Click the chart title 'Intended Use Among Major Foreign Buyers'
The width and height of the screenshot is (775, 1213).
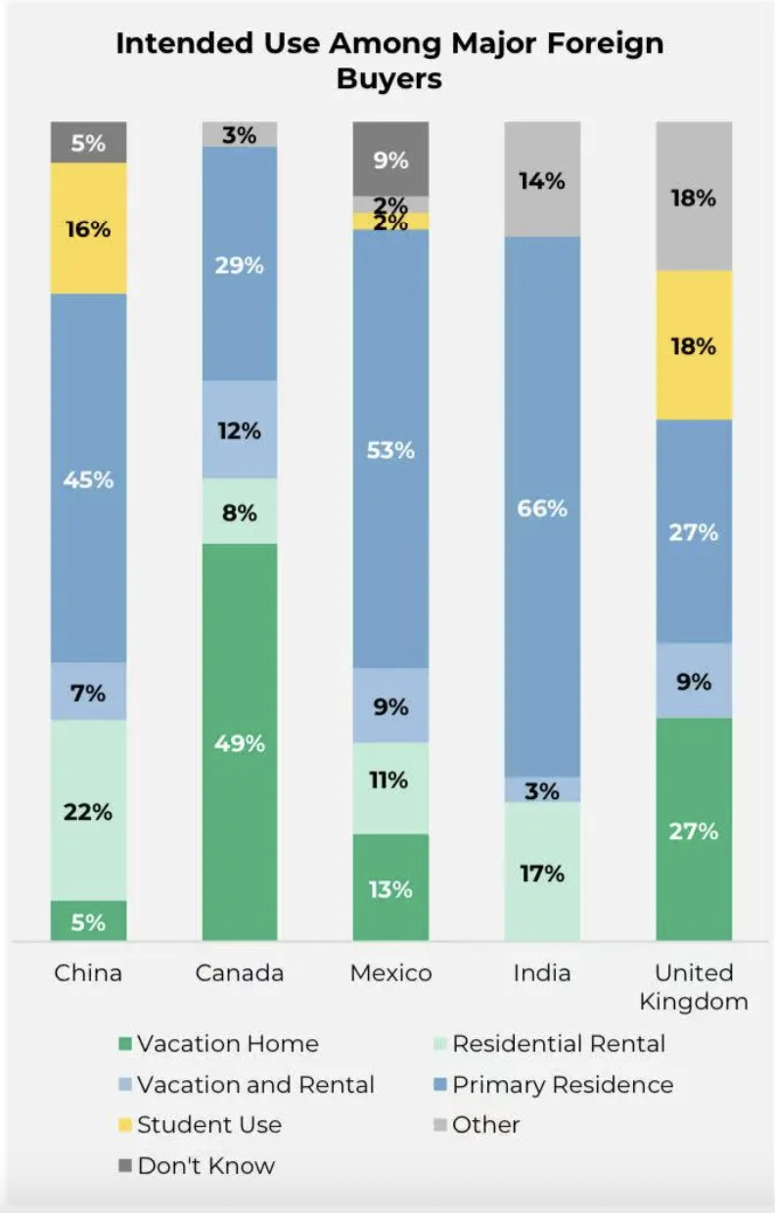click(388, 60)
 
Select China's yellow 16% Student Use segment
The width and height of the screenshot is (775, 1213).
click(89, 229)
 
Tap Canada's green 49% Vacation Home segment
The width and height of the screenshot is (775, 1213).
click(240, 742)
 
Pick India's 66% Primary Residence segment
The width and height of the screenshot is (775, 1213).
click(542, 508)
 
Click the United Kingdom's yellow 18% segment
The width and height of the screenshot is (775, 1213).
click(694, 345)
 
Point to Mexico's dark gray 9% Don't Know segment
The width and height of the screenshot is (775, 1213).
click(390, 158)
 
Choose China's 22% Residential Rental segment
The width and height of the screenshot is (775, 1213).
click(89, 811)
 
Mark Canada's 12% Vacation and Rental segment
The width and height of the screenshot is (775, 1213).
click(240, 429)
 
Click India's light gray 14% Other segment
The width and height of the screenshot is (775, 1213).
click(542, 180)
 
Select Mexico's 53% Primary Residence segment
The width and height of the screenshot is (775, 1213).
click(390, 450)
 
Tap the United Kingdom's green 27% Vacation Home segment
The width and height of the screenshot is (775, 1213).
click(694, 831)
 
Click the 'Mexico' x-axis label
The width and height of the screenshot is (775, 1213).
click(390, 973)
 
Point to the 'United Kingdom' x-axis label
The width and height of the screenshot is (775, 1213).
click(694, 987)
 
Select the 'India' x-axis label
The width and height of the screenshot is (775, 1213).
click(542, 973)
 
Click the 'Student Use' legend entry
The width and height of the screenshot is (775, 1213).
click(208, 1125)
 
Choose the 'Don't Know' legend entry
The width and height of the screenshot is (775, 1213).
click(205, 1166)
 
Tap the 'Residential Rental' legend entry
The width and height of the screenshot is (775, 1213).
click(558, 1044)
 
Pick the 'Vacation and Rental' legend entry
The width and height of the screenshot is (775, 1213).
click(255, 1085)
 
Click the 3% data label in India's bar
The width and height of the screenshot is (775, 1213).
click(542, 790)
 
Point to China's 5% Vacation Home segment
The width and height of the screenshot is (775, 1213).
click(89, 921)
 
